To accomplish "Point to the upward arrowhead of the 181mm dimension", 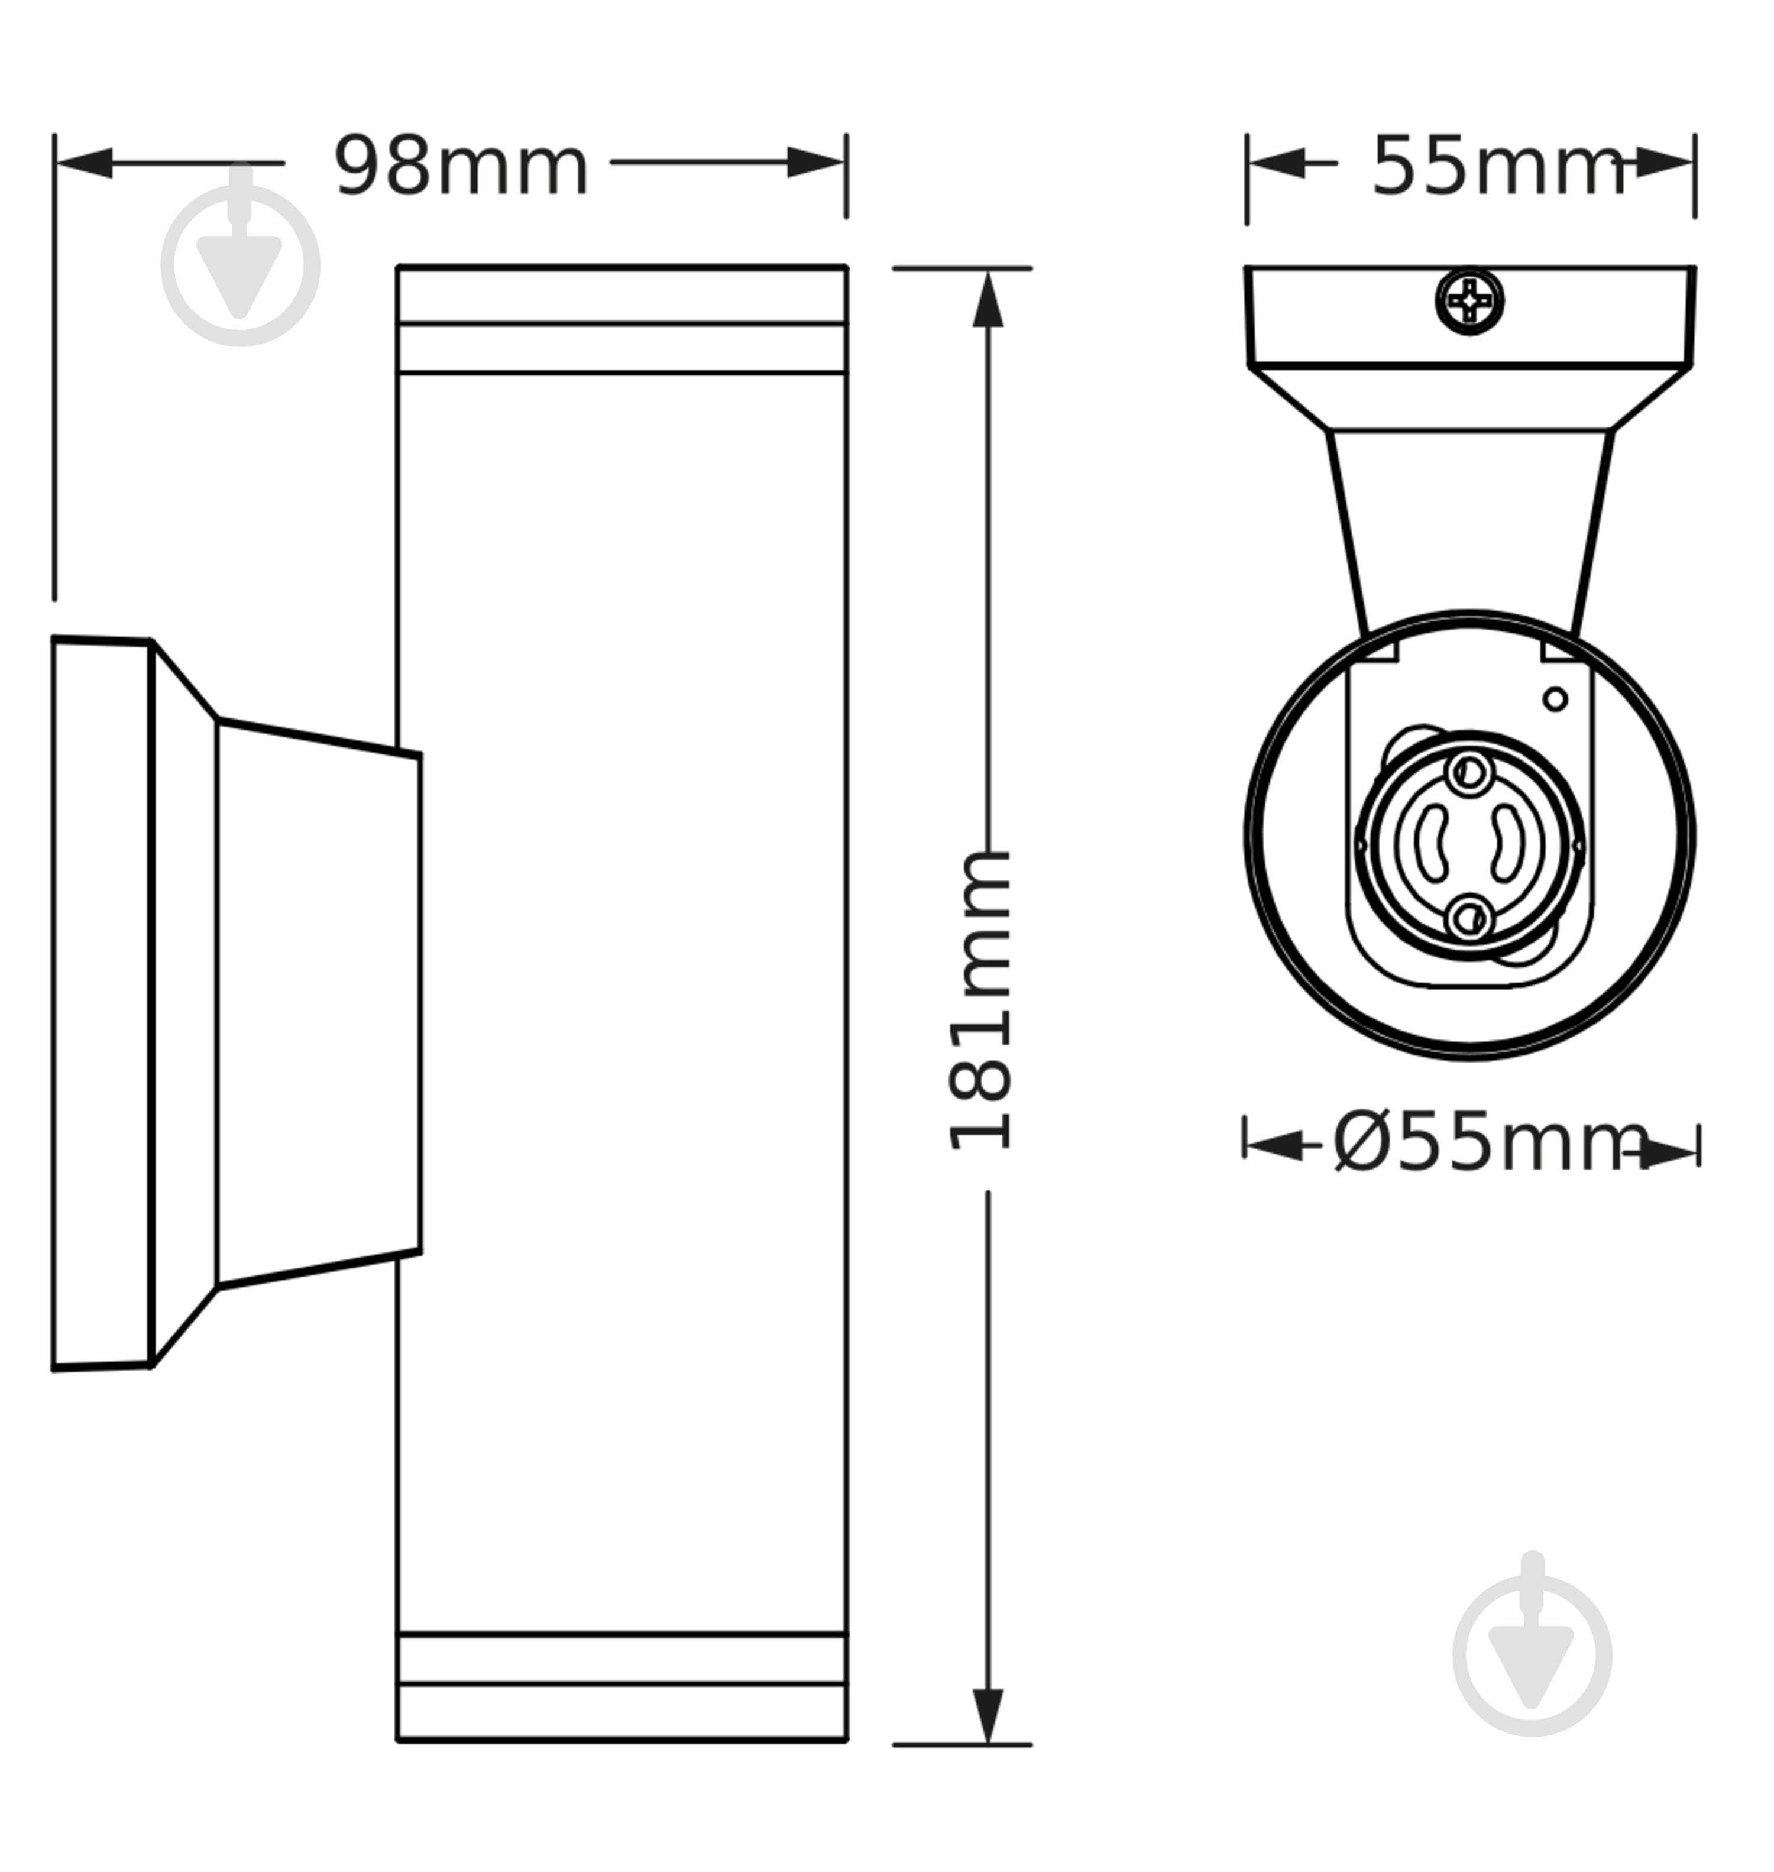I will click(x=988, y=300).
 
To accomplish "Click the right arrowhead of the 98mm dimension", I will click(x=815, y=163).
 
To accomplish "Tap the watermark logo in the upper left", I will click(x=240, y=265).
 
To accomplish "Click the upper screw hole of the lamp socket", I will click(x=1469, y=772).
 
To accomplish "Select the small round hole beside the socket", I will click(x=1555, y=699).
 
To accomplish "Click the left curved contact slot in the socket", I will click(x=1433, y=843).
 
